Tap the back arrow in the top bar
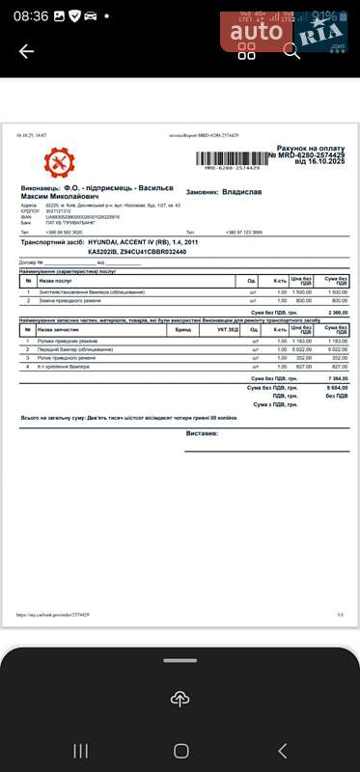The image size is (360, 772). (26, 51)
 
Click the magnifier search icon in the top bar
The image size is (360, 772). (291, 51)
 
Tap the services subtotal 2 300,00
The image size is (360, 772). (337, 313)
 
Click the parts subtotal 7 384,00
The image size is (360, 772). (337, 378)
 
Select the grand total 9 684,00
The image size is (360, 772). (337, 387)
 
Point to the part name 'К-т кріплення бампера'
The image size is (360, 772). (64, 367)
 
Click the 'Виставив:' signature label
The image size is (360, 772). (202, 433)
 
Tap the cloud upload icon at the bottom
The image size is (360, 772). (180, 698)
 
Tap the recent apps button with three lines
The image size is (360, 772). (80, 750)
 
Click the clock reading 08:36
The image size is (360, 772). (30, 16)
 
